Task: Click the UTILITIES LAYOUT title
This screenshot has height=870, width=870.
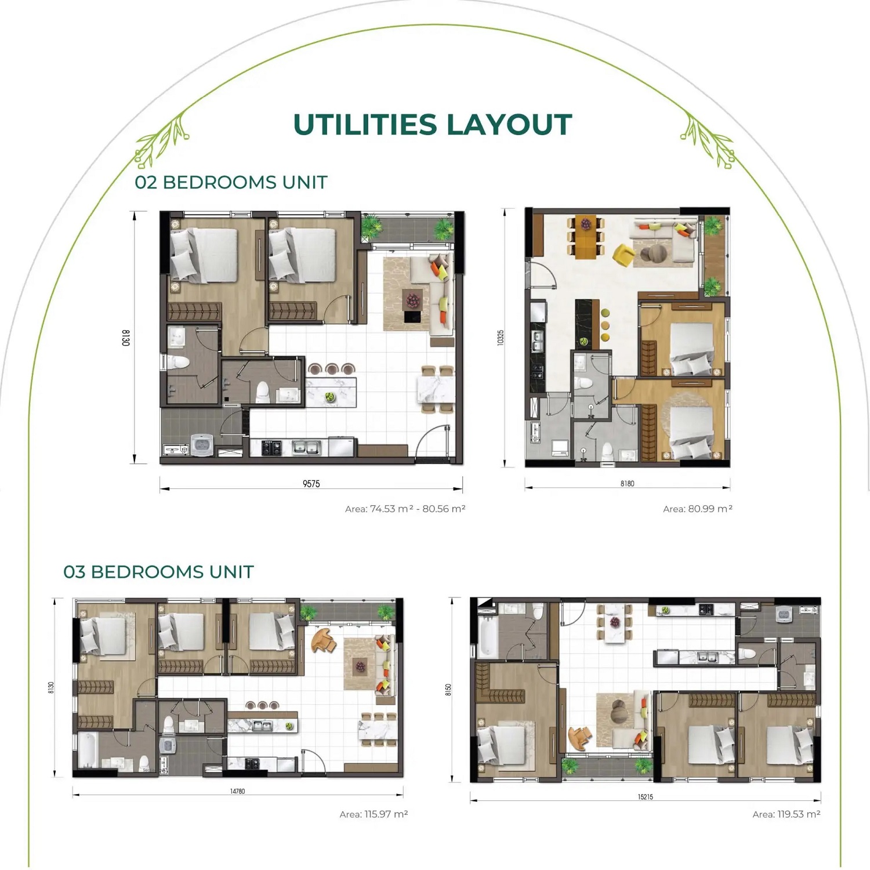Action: click(433, 125)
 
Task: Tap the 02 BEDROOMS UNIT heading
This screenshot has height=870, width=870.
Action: click(231, 182)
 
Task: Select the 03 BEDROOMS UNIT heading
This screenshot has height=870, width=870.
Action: click(158, 572)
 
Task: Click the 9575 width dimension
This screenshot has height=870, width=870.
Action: click(311, 484)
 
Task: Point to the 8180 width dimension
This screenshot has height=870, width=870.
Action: click(627, 483)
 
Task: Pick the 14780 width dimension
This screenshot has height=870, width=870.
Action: click(237, 791)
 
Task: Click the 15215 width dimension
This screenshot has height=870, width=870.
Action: click(646, 797)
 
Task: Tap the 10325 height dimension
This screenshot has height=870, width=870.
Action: click(501, 338)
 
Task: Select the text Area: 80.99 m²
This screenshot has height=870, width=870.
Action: click(698, 509)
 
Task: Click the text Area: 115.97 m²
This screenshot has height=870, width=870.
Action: click(374, 814)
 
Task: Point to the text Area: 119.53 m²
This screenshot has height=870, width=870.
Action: click(786, 814)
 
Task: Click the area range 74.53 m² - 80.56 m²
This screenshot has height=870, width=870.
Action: click(418, 509)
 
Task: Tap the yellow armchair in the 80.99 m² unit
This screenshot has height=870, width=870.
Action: click(623, 255)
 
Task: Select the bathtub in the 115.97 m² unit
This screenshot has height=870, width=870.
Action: click(89, 751)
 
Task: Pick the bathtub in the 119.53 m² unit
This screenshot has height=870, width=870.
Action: click(487, 637)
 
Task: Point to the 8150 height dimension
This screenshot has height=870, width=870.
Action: click(448, 690)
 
